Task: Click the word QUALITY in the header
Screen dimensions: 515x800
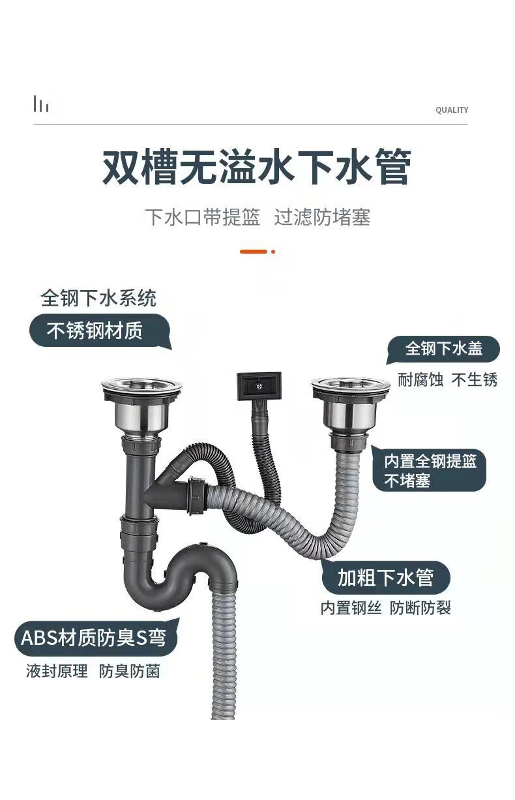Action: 451,110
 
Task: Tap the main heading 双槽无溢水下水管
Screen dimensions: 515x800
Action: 257,167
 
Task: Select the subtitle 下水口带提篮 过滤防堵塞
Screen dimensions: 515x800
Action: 257,216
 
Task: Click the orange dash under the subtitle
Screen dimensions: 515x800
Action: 254,252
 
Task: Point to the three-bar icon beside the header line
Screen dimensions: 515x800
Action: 42,104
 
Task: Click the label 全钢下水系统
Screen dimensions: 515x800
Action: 98,298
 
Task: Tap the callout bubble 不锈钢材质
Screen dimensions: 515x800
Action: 100,331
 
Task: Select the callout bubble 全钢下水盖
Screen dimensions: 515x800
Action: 443,349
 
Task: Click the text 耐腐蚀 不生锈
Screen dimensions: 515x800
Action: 447,379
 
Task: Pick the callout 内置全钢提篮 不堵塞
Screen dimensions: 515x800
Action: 430,470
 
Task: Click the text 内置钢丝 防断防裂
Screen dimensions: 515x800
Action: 385,608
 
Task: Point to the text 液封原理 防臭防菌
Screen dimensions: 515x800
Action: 93,671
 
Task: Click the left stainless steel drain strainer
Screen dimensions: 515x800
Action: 141,406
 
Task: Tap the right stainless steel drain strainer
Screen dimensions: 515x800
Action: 351,406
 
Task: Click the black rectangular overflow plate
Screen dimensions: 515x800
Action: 259,386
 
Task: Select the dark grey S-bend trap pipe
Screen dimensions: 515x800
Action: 179,575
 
